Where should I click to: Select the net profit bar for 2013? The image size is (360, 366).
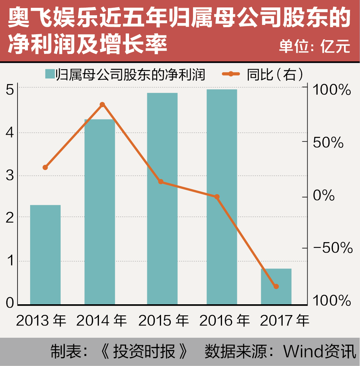coord(45,255)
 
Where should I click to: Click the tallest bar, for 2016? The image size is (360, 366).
coord(222,197)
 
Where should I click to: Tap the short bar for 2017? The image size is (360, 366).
coord(276,286)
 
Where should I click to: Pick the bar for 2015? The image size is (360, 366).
coord(162,199)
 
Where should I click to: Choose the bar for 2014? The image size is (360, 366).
coord(100,212)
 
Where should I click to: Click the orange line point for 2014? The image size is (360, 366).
coord(103,105)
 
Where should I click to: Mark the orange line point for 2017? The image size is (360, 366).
coord(276,286)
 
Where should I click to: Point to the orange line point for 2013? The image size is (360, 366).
coord(45,167)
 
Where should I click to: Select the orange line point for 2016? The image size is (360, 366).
coord(217,197)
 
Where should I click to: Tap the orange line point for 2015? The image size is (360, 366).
coord(161,182)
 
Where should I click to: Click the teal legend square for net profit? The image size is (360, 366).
coord(50,74)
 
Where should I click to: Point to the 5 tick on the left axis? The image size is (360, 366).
coord(10,89)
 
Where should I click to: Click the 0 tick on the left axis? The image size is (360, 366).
coord(10,304)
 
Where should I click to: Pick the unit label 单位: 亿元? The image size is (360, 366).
coord(315,47)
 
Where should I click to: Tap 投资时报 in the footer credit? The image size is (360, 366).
coord(146,351)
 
